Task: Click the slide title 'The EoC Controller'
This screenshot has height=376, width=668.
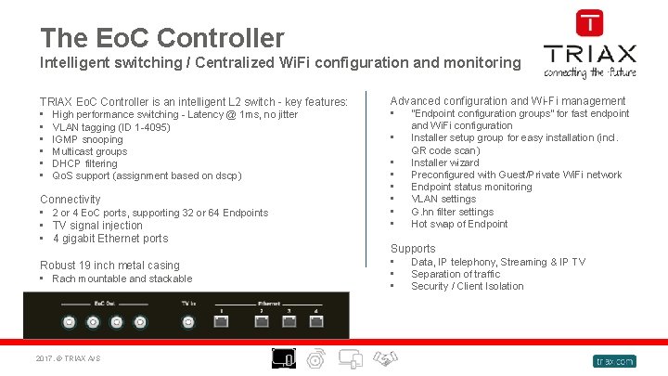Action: pos(161,38)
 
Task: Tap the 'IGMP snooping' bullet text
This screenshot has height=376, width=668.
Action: pos(87,139)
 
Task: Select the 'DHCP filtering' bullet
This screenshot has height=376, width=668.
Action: pos(84,163)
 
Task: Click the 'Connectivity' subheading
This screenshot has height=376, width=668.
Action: pos(70,199)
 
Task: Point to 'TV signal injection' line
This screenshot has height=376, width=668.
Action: pos(97,226)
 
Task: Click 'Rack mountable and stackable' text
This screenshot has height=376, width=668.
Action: pos(122,279)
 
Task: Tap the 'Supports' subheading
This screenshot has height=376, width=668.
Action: pos(412,248)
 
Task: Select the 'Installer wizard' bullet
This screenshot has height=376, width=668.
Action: pos(444,162)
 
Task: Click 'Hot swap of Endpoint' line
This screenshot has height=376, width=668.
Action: pos(459,224)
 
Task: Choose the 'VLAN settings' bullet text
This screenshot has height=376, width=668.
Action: pos(443,199)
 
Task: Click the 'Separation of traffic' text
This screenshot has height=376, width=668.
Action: pos(455,274)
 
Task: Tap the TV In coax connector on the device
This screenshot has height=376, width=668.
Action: pos(188,323)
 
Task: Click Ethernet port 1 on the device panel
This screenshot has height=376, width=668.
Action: pos(221,323)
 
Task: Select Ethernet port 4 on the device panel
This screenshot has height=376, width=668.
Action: pos(315,323)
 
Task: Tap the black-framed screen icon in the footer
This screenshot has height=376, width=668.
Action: pos(284,358)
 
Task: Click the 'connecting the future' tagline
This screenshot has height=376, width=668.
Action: pos(589,71)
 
